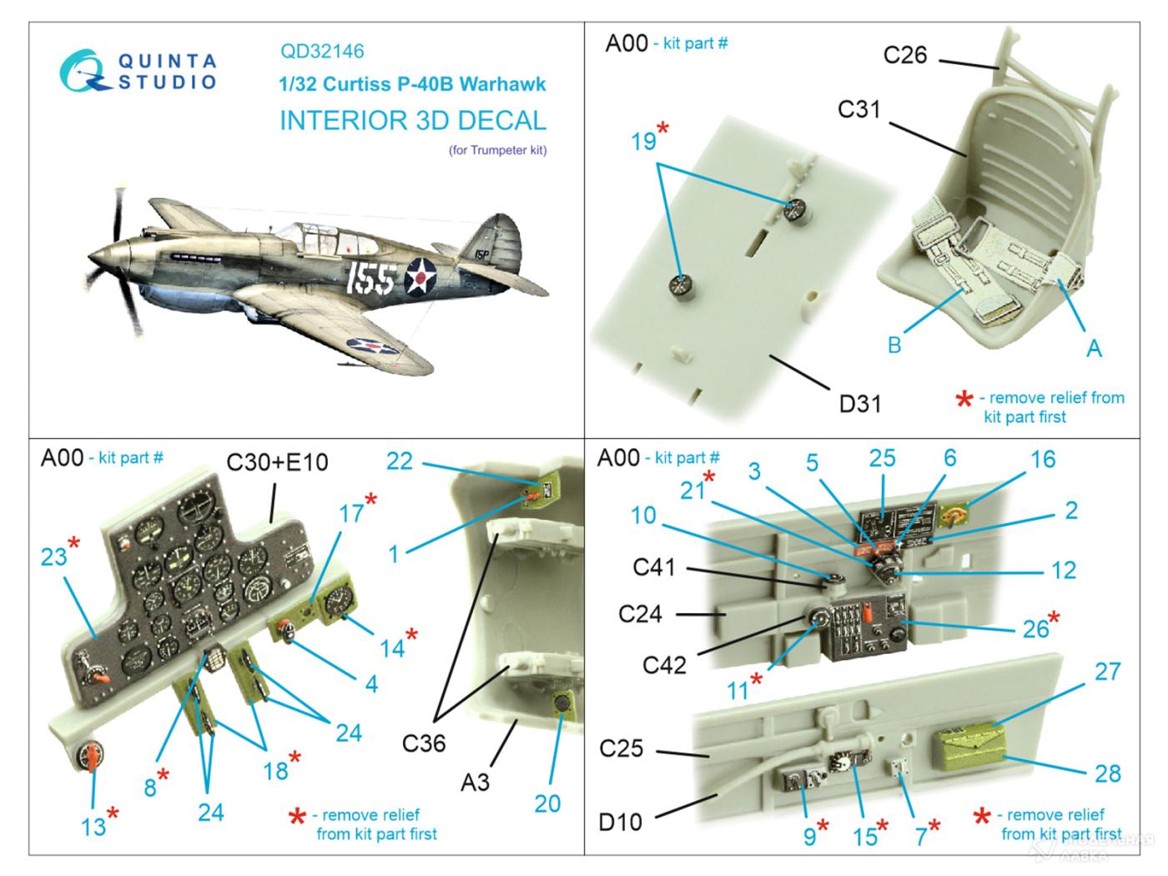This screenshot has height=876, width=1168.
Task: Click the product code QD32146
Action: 322,52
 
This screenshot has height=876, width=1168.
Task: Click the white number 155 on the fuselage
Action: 370,278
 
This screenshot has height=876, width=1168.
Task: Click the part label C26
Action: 905,55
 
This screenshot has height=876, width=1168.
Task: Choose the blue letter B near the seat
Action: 894,344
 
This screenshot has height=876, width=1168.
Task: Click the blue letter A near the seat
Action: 1093,348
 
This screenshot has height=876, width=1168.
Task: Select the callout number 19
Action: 643,142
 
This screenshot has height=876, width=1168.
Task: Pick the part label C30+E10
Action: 278,461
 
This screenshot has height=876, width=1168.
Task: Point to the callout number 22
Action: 399,461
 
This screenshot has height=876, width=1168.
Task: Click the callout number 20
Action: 547,803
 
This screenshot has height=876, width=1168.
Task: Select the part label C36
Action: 424,742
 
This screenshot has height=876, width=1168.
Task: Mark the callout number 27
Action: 1107,672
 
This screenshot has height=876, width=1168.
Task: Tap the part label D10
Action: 621,822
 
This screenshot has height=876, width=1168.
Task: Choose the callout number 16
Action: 1043,459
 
